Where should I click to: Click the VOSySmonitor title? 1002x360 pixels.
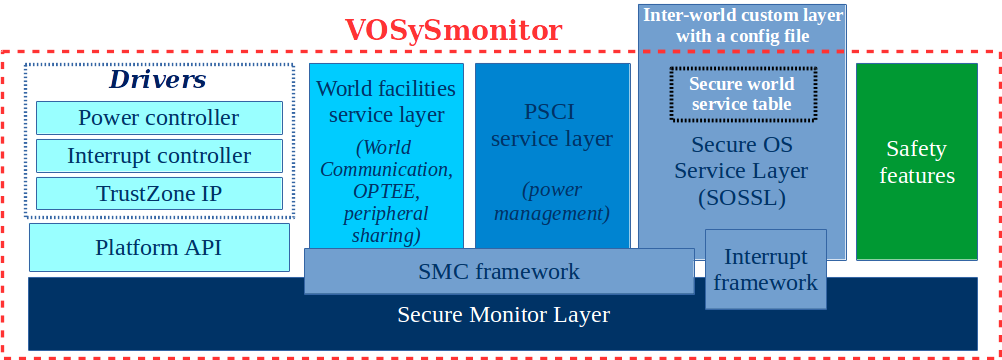point(453,30)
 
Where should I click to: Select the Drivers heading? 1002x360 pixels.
point(158,80)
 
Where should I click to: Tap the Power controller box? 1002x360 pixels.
point(159,118)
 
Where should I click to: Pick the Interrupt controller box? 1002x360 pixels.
point(159,156)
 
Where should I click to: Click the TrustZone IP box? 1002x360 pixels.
point(159,193)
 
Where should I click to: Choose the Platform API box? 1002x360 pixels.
point(159,247)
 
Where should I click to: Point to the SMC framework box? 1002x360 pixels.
point(499,271)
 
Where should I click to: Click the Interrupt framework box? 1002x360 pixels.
point(765,270)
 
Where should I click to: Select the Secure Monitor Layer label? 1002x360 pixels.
point(503,315)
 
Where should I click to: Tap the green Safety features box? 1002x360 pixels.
point(916,162)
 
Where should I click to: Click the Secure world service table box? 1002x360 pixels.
point(741,93)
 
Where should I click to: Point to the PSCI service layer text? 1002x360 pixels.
point(553,124)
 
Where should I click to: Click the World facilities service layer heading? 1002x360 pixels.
point(386,101)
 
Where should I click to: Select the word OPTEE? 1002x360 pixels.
point(385,191)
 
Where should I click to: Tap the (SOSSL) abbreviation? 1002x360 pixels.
point(741,198)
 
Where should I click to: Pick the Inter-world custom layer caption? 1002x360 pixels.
point(741,26)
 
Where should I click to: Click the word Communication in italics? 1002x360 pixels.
point(386,169)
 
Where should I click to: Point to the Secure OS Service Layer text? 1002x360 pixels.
point(741,158)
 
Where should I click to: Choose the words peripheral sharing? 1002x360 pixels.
point(385,224)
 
